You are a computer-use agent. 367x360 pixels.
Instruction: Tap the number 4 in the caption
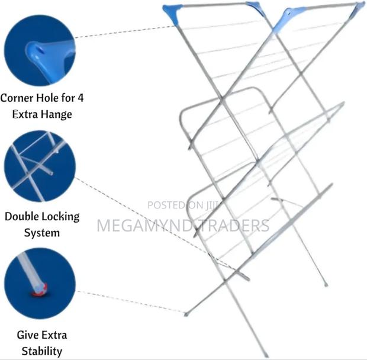pyautogui.click(x=81, y=98)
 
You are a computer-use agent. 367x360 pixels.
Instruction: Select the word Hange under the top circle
pyautogui.click(x=57, y=114)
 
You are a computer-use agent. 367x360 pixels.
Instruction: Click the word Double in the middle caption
pyautogui.click(x=21, y=216)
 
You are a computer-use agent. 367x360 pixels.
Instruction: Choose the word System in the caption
pyautogui.click(x=42, y=233)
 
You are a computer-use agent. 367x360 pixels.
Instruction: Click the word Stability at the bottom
pyautogui.click(x=42, y=351)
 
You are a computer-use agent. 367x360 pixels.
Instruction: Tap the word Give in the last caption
pyautogui.click(x=25, y=335)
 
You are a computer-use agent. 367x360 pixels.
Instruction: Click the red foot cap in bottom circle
pyautogui.click(x=40, y=290)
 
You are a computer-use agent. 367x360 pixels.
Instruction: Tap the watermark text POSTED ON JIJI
pyautogui.click(x=183, y=205)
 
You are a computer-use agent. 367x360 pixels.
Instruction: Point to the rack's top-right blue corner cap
pyautogui.click(x=358, y=10)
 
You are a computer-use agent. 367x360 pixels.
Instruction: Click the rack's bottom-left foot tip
pyautogui.click(x=186, y=314)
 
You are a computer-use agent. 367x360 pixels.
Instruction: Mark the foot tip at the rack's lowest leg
pyautogui.click(x=266, y=355)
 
